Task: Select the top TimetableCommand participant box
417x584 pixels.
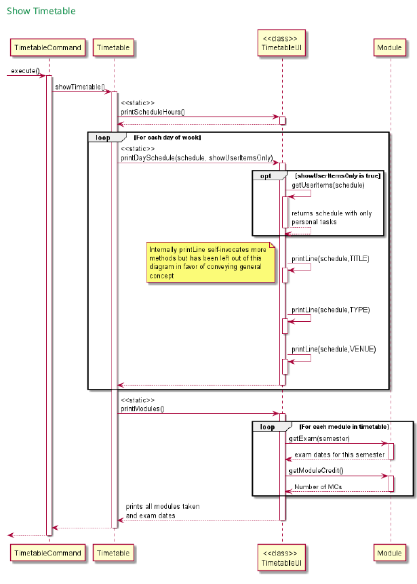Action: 48,47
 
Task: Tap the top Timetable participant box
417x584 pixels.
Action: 114,47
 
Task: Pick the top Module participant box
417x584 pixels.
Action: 390,47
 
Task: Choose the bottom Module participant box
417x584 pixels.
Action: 390,554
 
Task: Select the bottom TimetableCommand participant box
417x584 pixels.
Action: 48,554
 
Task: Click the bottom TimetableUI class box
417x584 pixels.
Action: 282,558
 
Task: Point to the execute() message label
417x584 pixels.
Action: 25,70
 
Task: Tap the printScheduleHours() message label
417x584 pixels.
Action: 153,112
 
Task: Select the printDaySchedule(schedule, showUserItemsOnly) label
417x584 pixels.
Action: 197,158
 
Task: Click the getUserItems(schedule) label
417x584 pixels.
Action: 328,185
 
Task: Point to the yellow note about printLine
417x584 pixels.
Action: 210,263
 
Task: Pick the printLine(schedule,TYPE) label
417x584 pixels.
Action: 331,310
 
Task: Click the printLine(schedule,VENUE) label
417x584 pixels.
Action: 334,349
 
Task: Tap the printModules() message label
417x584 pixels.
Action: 142,409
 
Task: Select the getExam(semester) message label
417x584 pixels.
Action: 320,438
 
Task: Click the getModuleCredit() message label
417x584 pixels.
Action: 316,470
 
